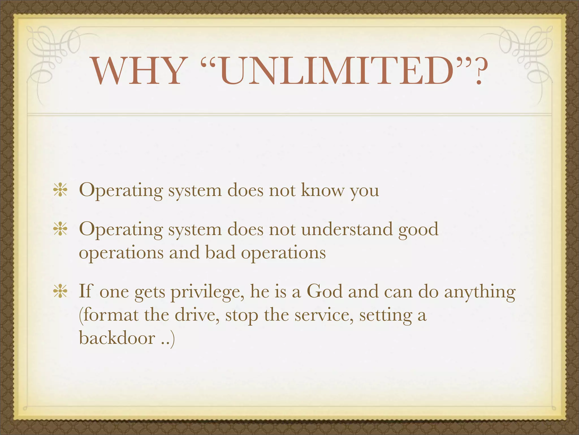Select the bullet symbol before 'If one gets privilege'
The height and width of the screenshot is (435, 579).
click(60, 291)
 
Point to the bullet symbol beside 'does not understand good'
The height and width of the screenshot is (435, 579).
click(60, 229)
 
